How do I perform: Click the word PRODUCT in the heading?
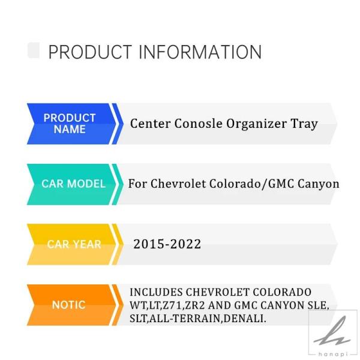90,52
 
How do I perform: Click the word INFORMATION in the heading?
200,52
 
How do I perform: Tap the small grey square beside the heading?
34,50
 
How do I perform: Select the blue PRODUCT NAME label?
70,124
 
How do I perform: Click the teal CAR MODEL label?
73,184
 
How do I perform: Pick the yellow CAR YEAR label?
74,244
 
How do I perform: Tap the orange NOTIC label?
69,305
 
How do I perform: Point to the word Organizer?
256,124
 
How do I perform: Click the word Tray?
304,124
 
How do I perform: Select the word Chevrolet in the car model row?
178,184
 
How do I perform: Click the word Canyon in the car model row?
319,184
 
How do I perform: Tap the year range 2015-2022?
167,244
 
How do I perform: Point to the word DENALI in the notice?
245,319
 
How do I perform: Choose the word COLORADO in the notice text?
282,292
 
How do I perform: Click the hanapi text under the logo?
333,355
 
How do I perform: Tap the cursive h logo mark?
332,332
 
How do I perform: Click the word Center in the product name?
151,124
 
